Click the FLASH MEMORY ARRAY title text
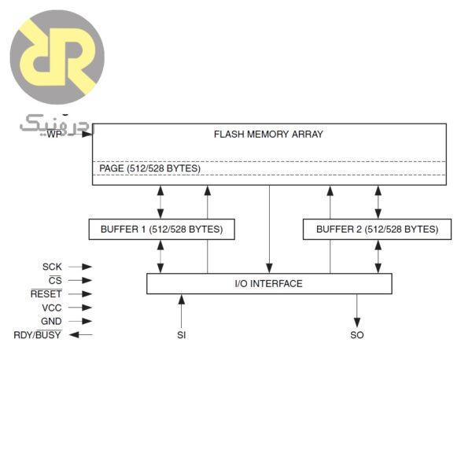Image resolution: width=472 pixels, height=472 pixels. click(268, 135)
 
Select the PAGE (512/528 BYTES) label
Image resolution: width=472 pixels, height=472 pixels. click(149, 169)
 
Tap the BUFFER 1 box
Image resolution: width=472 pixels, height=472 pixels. click(161, 230)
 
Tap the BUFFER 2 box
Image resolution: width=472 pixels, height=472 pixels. click(377, 230)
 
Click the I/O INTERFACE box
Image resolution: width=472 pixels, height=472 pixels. click(269, 284)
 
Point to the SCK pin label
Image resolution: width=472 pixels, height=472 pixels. click(52, 267)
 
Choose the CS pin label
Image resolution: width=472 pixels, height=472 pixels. click(55, 281)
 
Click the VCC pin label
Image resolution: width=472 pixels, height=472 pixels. click(52, 308)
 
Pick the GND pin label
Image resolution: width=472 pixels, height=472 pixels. click(51, 322)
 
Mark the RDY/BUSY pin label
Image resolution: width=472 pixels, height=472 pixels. click(39, 336)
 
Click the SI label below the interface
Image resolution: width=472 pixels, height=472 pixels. click(182, 336)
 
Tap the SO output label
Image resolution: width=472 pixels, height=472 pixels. click(357, 336)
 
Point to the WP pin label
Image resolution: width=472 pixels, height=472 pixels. click(53, 135)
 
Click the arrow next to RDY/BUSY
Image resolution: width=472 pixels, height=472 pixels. click(81, 336)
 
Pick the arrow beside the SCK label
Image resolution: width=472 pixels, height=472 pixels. click(80, 267)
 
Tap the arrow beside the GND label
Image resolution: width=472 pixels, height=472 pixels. click(80, 322)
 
